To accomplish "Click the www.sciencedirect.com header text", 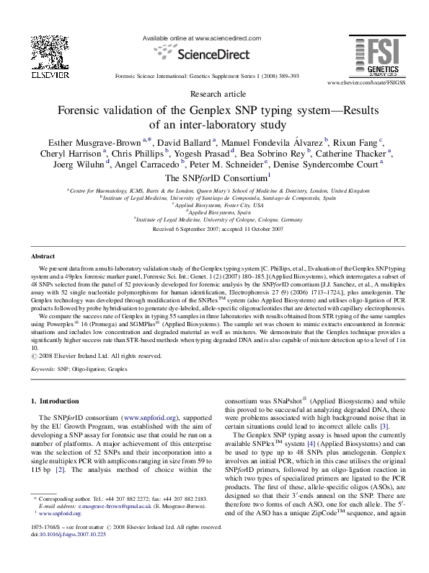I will pyautogui.click(x=216, y=37).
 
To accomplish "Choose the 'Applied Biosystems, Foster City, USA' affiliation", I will pyautogui.click(x=214, y=205).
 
